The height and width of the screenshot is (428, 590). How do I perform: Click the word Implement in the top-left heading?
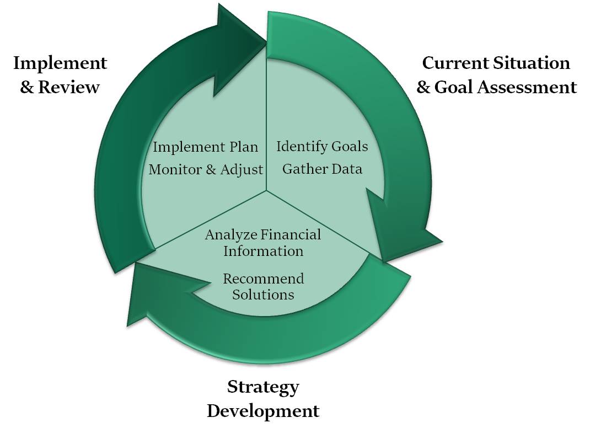coord(60,64)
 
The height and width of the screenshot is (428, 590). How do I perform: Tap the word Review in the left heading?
coord(69,87)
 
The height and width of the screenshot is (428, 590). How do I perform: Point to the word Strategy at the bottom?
coord(263,388)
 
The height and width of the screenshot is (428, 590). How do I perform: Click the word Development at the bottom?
coord(263,411)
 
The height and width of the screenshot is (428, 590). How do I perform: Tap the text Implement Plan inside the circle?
coord(206,147)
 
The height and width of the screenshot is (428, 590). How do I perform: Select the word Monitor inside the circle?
coord(175,169)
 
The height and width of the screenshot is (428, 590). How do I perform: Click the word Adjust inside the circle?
coord(242,170)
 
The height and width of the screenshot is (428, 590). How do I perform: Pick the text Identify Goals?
coord(322,147)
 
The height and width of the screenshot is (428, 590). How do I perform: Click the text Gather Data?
coord(322,169)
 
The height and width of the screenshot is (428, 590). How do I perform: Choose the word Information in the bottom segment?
coord(264,251)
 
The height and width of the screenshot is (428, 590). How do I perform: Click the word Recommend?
coord(264,279)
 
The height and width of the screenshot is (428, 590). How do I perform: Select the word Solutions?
coord(263,295)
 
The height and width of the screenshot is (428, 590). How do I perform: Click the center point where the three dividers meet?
coord(267,190)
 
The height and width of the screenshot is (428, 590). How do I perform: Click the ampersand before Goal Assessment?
coord(423,87)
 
